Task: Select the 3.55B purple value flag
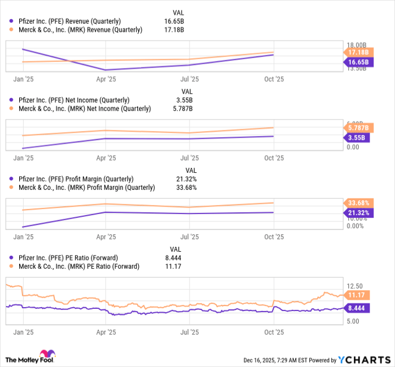pos(355,137)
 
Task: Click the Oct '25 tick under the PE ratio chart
pos(274,333)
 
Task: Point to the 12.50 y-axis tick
pos(355,286)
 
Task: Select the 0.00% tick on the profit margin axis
pos(355,226)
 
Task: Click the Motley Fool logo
pos(30,359)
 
